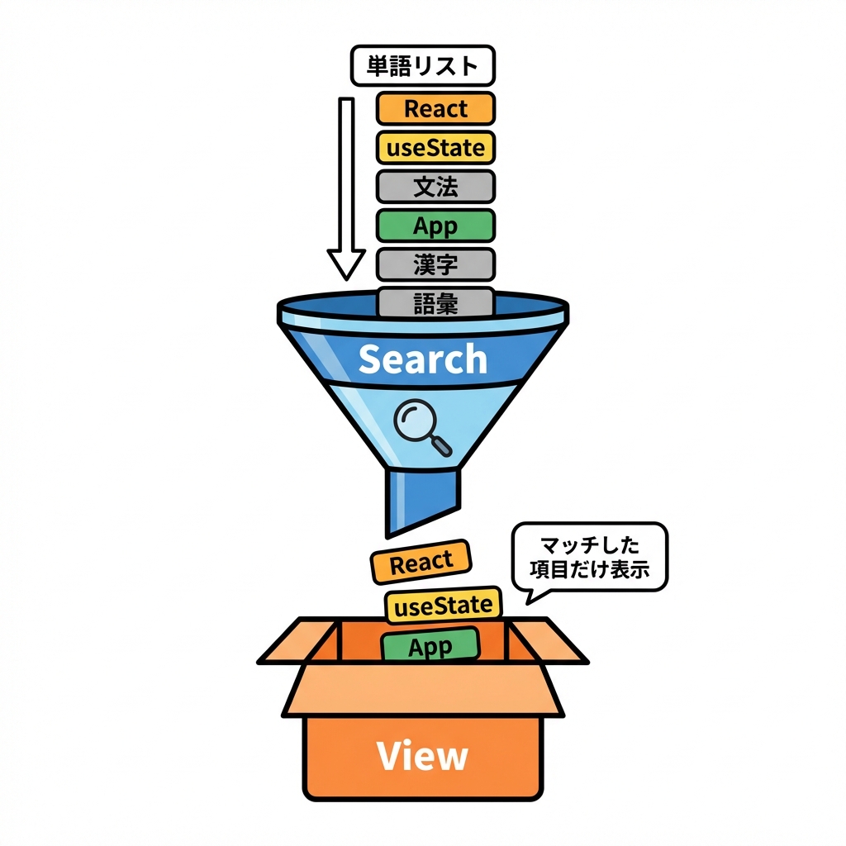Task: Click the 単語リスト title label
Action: click(423, 66)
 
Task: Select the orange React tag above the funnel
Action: click(435, 108)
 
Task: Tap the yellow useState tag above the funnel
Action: click(435, 148)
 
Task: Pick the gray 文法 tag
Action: click(435, 187)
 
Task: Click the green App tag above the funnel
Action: click(435, 226)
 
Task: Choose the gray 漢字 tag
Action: click(435, 264)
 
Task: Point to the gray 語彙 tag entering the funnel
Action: click(435, 302)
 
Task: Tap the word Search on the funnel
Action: click(423, 359)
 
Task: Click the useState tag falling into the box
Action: click(444, 606)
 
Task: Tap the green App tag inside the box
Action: click(430, 646)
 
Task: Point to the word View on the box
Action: click(422, 756)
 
